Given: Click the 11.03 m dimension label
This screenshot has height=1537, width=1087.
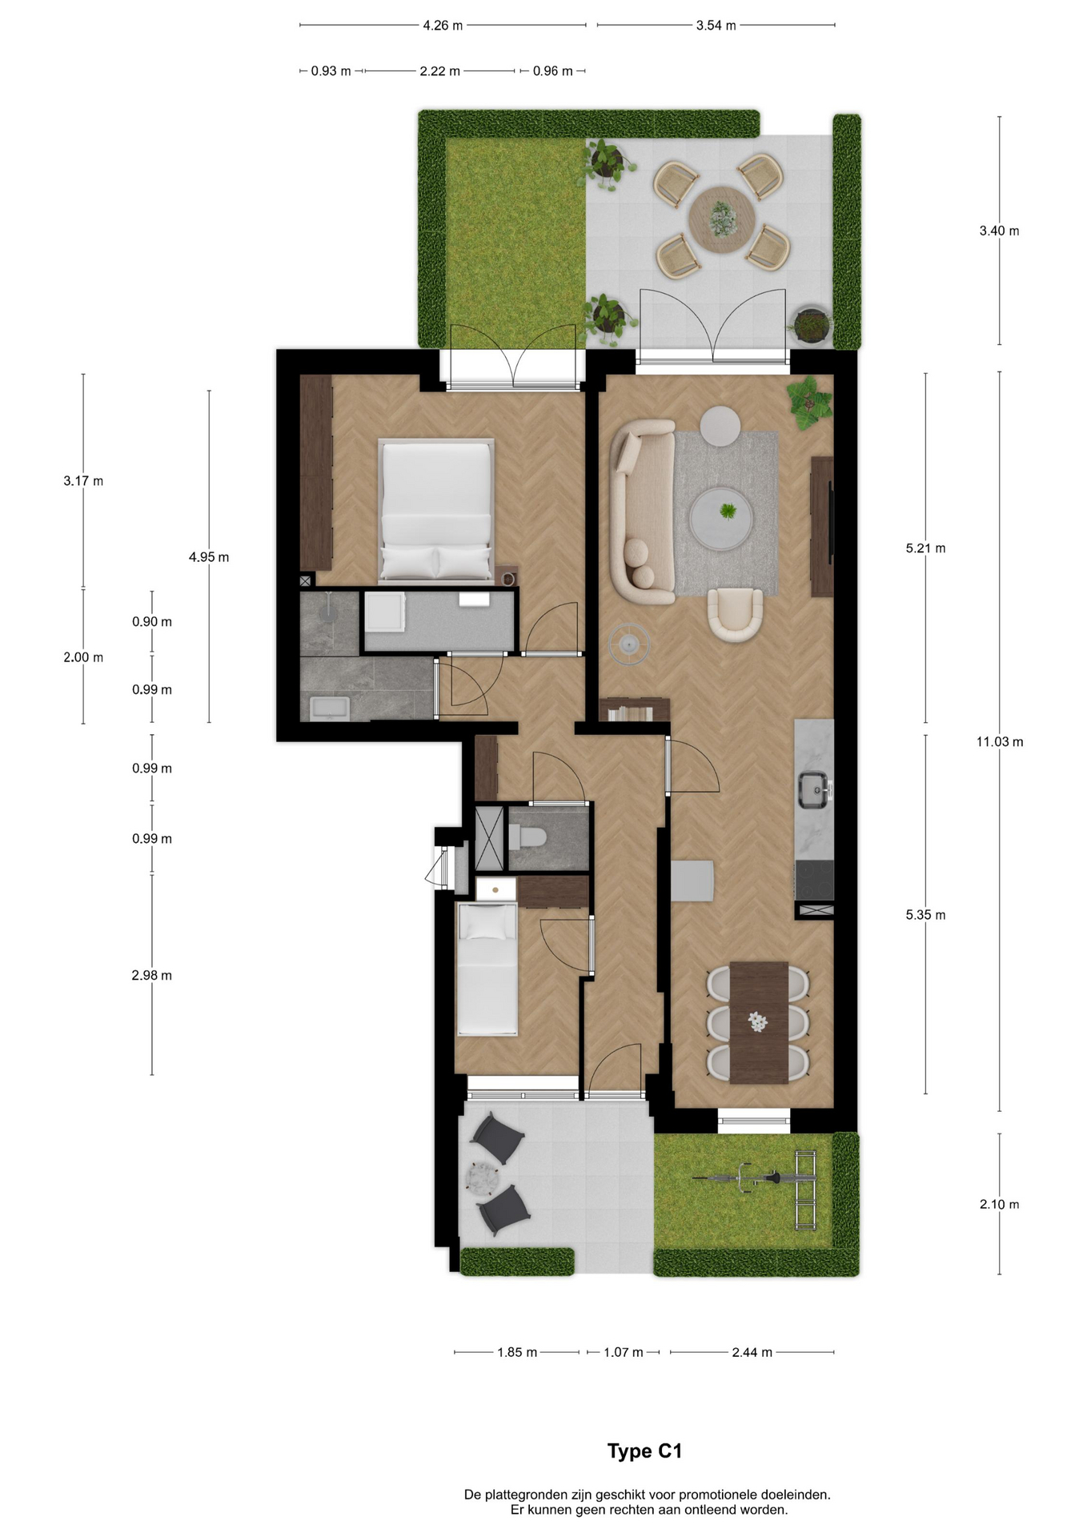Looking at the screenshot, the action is (999, 742).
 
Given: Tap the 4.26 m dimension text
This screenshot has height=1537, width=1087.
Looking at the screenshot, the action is (443, 26).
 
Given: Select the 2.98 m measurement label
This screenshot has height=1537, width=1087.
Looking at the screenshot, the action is (152, 975).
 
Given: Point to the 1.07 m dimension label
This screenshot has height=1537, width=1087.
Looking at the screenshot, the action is (624, 1352).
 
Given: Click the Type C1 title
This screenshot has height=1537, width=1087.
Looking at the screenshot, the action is (644, 1451).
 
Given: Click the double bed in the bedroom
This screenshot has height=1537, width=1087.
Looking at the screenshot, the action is (436, 509).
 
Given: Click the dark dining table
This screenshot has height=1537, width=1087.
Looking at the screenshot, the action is (759, 1022).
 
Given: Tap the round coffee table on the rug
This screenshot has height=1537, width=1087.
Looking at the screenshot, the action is (721, 517).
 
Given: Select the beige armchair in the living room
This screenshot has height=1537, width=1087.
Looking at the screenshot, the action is (735, 614).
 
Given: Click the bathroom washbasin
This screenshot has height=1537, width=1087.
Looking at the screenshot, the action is (329, 708).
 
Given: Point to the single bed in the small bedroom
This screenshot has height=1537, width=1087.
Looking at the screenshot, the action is (487, 969).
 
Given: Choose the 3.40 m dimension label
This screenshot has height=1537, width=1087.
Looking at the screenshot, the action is (999, 231).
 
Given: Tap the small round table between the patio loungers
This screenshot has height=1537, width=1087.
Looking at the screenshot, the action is (485, 1178).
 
